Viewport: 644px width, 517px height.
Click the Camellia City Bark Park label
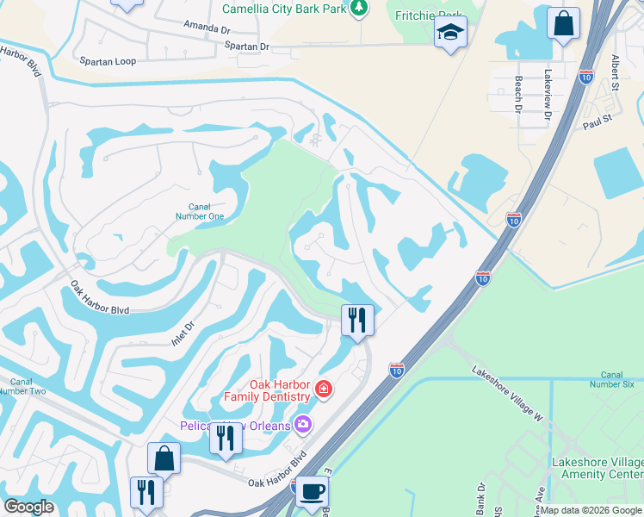(x=285, y=9)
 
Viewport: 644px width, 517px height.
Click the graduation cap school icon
(x=449, y=33)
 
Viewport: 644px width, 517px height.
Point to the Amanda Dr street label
(x=207, y=28)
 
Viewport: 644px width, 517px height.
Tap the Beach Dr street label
(x=518, y=94)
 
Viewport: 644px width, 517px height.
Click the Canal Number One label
(x=206, y=211)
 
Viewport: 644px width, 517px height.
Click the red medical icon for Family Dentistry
(x=323, y=389)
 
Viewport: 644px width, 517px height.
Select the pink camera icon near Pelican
(x=302, y=423)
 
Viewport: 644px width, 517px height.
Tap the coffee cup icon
(x=312, y=492)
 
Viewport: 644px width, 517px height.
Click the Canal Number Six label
(x=612, y=379)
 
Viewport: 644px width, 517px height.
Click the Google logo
(x=29, y=506)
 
